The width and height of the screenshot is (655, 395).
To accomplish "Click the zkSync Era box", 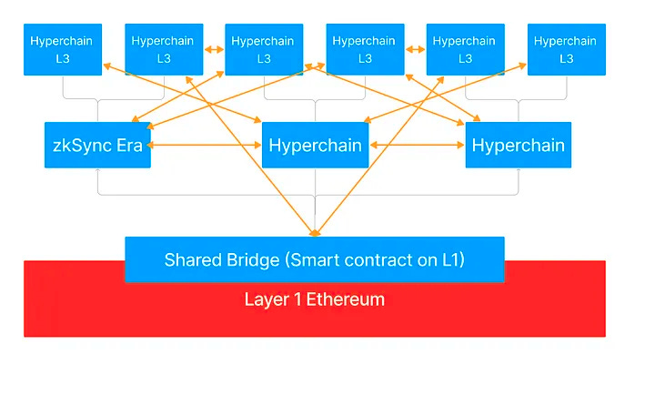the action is [97, 145].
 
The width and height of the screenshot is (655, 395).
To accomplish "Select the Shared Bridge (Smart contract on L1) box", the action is [315, 259].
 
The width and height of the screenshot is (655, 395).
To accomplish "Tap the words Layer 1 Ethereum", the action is [314, 299].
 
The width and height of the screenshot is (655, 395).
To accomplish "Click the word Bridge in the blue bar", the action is [253, 260].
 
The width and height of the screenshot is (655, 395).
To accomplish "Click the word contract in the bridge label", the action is [378, 260].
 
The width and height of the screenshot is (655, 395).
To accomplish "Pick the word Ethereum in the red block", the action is [346, 299].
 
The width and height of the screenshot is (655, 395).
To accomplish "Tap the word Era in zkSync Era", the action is [129, 146].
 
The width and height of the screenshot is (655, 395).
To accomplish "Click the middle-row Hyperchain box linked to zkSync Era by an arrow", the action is [315, 145].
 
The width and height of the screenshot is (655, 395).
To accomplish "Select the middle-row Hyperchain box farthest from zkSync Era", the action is [519, 145].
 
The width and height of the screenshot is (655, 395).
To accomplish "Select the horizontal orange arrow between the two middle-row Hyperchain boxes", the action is [418, 145].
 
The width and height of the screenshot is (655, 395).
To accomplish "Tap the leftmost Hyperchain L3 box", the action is [63, 49].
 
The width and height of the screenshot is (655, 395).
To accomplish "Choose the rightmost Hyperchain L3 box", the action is [567, 49].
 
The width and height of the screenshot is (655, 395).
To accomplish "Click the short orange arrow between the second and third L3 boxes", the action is [215, 49].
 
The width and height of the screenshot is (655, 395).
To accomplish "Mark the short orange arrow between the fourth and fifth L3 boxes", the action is [416, 49].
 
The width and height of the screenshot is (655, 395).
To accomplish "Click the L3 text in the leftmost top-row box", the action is [63, 58].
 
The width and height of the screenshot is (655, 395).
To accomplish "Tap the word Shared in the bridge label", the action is [193, 260].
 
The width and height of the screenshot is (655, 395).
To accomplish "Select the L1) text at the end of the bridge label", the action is [453, 260].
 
